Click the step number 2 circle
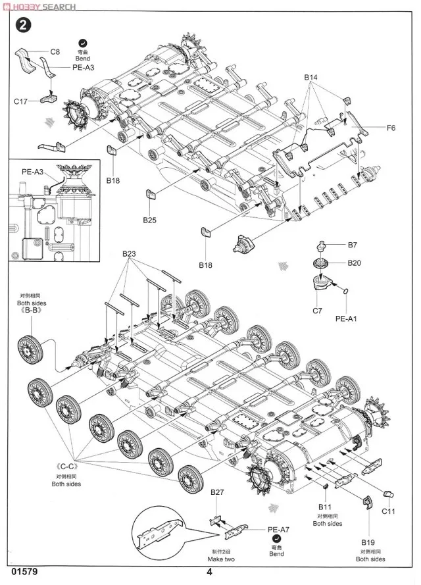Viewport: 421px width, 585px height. tap(24, 26)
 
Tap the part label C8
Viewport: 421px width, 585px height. tap(55, 51)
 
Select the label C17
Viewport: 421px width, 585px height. tap(20, 101)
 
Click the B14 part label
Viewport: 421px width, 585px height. tap(311, 78)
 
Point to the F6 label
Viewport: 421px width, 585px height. tap(390, 127)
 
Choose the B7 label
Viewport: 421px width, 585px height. tap(353, 245)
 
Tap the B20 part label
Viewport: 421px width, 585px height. tap(354, 263)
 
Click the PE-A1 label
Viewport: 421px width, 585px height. tap(345, 318)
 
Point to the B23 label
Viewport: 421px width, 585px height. tap(128, 254)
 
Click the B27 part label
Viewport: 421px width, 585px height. tap(218, 492)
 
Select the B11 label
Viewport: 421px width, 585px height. tap(326, 507)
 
